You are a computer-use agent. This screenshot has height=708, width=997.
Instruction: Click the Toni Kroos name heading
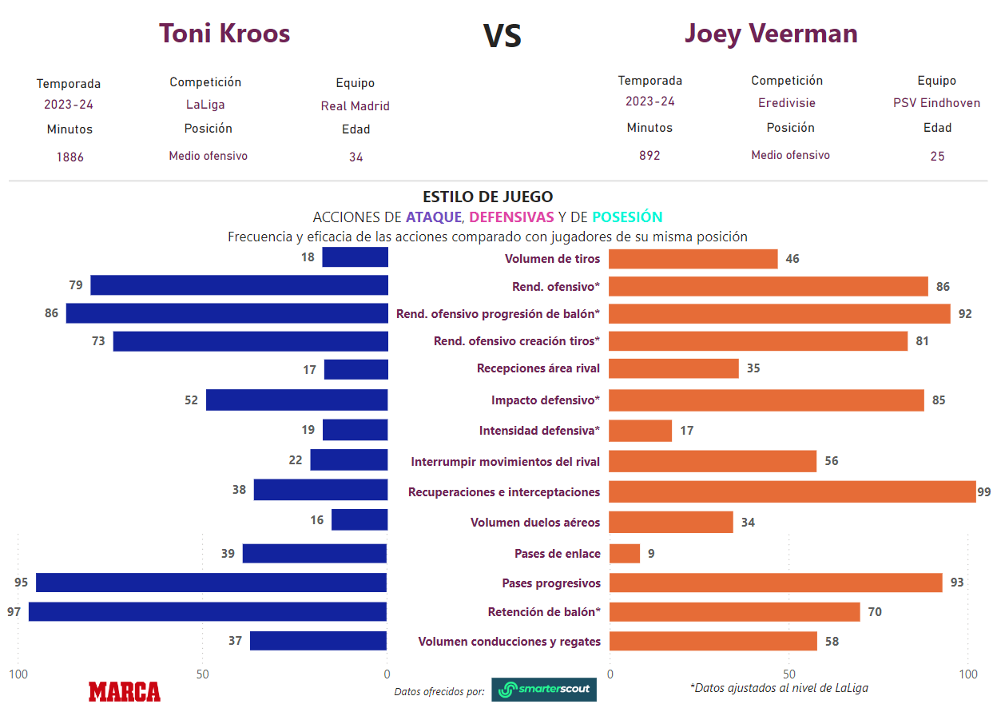(x=224, y=34)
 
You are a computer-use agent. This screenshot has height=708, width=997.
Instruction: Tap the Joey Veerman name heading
(x=771, y=34)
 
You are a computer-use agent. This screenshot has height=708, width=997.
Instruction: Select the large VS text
(x=502, y=37)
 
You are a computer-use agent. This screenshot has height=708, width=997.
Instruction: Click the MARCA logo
(x=125, y=691)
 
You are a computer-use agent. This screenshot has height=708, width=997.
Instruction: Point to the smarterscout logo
(x=544, y=690)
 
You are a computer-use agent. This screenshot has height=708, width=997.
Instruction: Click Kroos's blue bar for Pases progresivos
(x=212, y=583)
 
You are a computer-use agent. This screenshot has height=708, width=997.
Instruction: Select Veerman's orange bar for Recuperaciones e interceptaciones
(x=792, y=491)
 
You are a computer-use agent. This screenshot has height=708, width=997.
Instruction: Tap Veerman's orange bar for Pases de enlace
(x=625, y=553)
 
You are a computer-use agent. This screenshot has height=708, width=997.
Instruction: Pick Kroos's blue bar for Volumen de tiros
(x=356, y=257)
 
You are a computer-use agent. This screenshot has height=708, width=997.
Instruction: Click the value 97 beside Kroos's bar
(x=14, y=612)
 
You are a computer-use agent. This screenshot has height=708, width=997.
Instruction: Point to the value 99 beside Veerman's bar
(x=983, y=491)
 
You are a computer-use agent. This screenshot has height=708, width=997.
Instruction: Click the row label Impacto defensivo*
(x=546, y=400)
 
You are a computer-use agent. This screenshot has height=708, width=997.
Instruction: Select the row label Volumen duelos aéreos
(x=535, y=523)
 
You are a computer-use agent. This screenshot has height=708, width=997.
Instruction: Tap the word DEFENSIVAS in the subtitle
(x=511, y=217)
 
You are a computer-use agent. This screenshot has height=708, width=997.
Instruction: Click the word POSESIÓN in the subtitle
(x=627, y=217)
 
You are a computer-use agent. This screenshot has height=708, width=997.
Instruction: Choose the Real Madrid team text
(x=356, y=105)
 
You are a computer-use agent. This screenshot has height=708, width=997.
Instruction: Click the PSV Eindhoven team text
(x=936, y=102)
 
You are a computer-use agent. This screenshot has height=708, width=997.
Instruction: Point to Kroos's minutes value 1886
(x=70, y=157)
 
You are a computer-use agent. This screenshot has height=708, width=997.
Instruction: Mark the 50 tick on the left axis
(x=203, y=674)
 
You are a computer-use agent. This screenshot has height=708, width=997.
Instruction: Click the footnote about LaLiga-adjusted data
(x=779, y=687)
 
